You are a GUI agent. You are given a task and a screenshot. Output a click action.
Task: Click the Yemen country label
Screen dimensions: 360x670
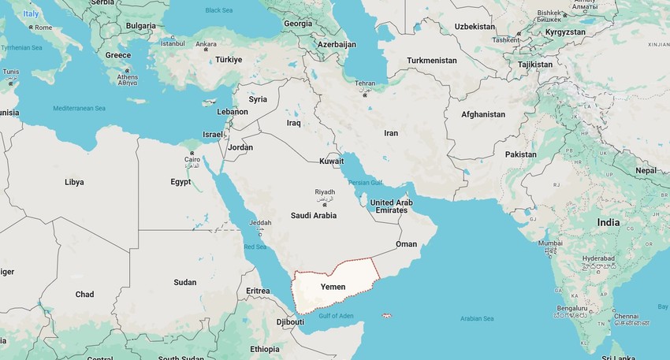coord(333,287)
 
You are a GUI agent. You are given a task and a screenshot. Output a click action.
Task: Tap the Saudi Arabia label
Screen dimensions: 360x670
coord(313,215)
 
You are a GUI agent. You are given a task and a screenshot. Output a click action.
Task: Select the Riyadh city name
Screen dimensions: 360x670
coord(325,192)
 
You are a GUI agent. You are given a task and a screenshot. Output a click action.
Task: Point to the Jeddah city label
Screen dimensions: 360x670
coord(259,223)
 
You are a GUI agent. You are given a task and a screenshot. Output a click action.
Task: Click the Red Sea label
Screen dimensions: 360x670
coord(255,247)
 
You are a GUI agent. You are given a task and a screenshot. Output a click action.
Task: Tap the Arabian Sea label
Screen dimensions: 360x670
coord(477,318)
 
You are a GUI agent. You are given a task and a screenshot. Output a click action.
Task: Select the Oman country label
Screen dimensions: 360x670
coord(406,244)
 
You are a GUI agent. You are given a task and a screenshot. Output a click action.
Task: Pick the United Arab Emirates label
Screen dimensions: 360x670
coord(392,206)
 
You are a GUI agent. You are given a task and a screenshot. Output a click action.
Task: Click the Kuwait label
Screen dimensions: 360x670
coord(331,161)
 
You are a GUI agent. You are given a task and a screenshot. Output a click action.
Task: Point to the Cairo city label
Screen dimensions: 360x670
coord(192,159)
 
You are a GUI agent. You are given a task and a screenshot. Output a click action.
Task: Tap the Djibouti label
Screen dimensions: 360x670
coord(290,322)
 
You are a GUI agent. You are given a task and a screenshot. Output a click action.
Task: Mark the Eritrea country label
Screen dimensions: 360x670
coord(258,291)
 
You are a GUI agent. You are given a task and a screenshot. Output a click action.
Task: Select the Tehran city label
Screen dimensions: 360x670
coord(365,84)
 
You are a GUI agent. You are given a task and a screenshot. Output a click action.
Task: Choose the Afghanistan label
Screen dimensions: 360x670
coord(483,114)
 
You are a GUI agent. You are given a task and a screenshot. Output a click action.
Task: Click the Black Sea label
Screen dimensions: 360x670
coord(220,10)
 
